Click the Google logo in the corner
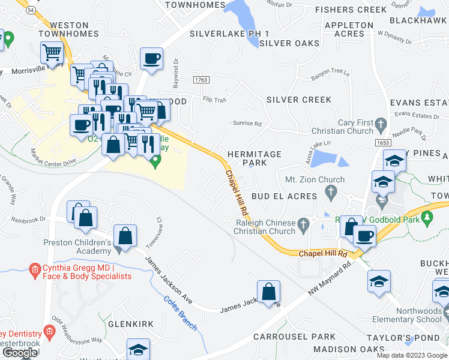tap(19, 353)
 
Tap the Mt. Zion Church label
tap(315, 179)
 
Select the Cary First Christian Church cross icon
tap(381, 125)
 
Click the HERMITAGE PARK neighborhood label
tap(255, 158)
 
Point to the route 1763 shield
tap(201, 80)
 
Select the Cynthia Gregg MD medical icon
tap(34, 268)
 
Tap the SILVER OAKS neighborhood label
tap(289, 43)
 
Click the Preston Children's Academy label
tap(78, 247)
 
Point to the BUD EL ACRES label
tap(284, 196)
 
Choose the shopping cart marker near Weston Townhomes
tap(52, 52)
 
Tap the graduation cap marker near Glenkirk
tap(138, 349)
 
